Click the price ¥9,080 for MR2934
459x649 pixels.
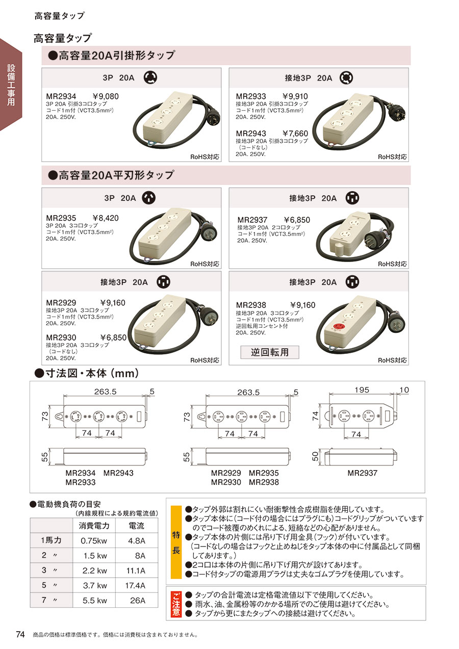pos(106,96)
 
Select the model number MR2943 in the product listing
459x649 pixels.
pos(251,134)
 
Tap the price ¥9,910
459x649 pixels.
pos(295,96)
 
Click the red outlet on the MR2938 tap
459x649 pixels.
pos(338,326)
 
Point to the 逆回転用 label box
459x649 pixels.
pos(270,352)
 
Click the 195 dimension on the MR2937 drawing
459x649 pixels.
pos(362,390)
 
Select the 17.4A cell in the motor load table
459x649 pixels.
pos(135,585)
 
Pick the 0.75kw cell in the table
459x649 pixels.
pos(94,540)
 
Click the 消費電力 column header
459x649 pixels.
pos(94,526)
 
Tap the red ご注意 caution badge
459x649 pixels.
pos(176,604)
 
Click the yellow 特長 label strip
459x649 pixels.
pos(176,542)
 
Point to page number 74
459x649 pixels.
pos(20,634)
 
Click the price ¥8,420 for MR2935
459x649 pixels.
pos(106,218)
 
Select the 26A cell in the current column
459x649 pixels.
pos(138,601)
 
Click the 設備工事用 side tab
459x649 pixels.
pos(11,85)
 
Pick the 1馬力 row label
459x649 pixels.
pos(51,540)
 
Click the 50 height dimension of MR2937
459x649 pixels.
pos(315,457)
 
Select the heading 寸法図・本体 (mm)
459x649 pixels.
pos(86,374)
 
